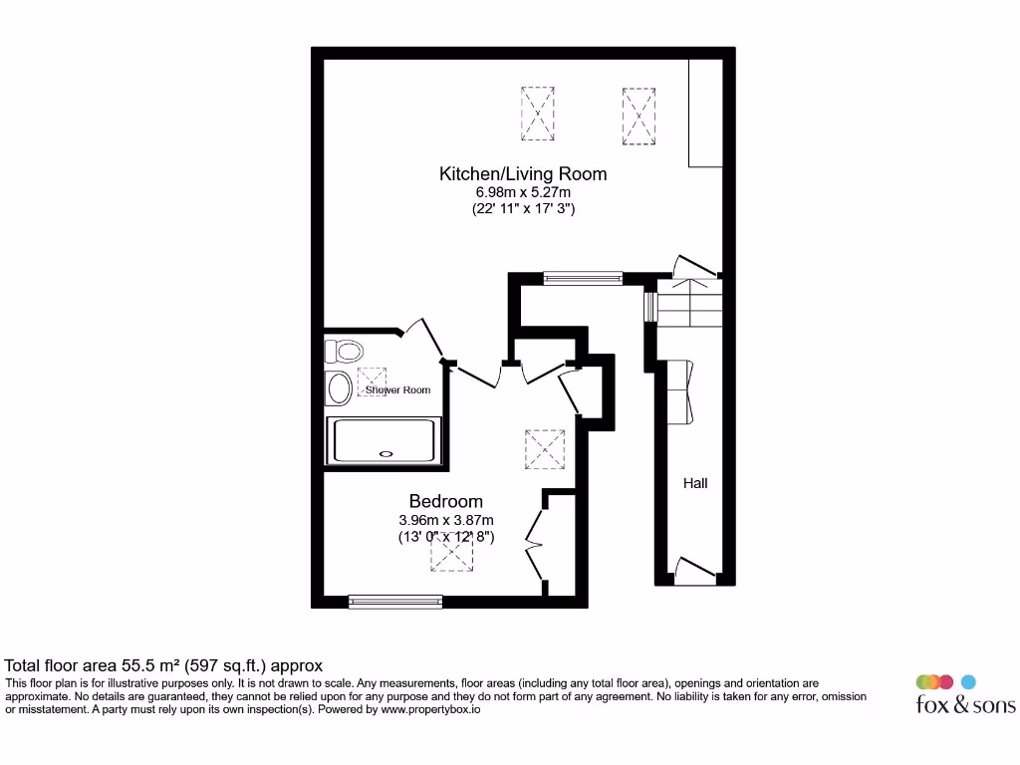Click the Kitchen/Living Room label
point(523,174)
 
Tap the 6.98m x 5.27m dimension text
point(523,192)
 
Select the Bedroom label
point(445,502)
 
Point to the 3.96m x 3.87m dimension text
point(445,520)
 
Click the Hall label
point(695,483)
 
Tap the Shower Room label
point(397,390)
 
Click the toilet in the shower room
point(346,351)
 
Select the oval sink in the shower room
point(339,388)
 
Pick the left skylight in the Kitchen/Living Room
point(537,114)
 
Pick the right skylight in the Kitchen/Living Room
point(638,116)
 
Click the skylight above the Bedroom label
point(545,449)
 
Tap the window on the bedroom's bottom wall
point(395,601)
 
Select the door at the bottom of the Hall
point(695,571)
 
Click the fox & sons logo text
point(965,705)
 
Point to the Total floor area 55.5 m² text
point(164,665)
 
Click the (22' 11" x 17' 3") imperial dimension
point(523,210)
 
